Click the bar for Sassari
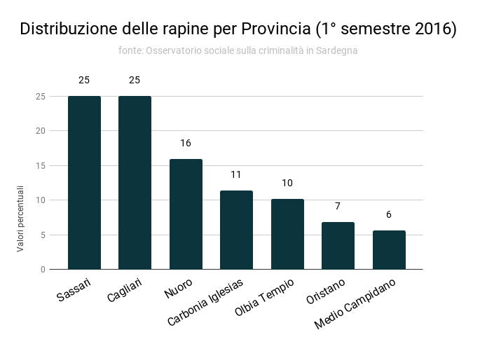(84, 182)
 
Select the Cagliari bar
(135, 182)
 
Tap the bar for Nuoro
(186, 214)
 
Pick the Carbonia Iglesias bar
(236, 230)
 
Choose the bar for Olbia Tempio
(287, 234)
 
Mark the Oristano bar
(338, 245)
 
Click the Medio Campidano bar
(389, 249)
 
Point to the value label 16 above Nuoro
(186, 143)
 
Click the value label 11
(236, 174)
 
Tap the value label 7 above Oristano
(338, 206)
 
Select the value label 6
(389, 214)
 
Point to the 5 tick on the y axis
(42, 235)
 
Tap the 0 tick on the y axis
(42, 269)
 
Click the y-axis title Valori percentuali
(21, 219)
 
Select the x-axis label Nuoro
(179, 289)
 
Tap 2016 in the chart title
(433, 29)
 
